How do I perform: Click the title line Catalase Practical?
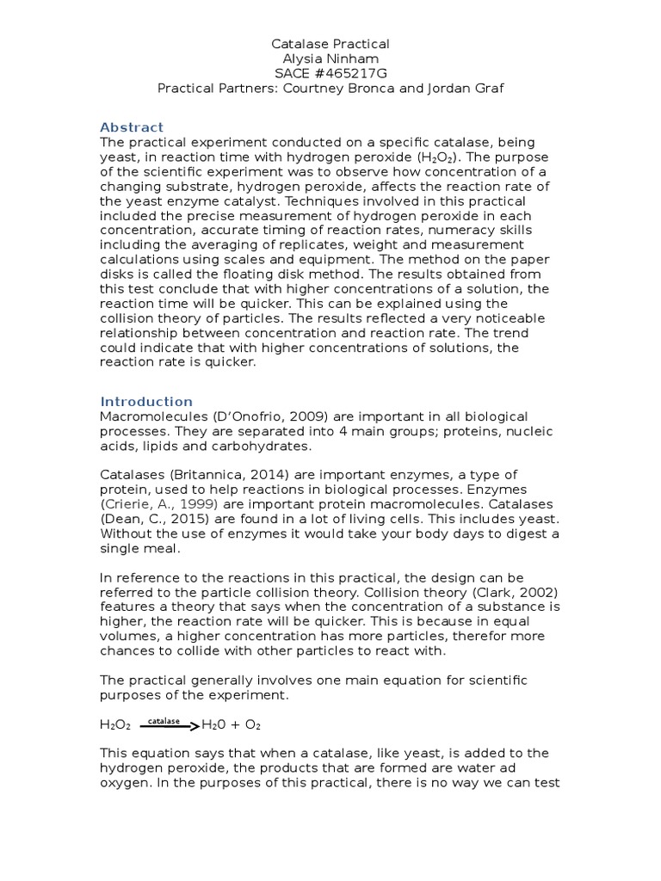330,43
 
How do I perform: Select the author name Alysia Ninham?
330,58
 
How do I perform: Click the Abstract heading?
132,127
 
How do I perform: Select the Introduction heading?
146,401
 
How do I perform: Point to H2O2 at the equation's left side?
115,725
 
